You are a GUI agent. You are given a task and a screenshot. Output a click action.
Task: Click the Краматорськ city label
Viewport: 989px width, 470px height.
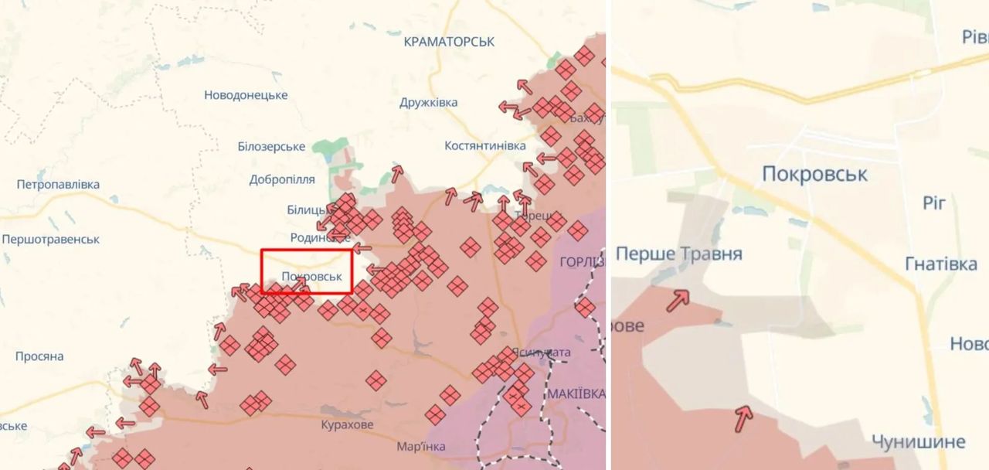coord(449,42)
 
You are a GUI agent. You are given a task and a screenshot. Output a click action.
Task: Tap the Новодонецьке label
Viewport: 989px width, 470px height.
coord(246,95)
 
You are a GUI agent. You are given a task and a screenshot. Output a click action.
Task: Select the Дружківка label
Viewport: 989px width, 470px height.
coord(429,102)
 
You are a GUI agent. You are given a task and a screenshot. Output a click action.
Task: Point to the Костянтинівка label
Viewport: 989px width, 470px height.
coord(485,145)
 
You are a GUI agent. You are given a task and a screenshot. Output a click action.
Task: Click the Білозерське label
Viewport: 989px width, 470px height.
coord(271,146)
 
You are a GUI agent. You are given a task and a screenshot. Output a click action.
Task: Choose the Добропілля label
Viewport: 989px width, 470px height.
coord(282,179)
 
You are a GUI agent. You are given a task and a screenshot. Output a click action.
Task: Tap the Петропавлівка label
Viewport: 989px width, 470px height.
coord(58,185)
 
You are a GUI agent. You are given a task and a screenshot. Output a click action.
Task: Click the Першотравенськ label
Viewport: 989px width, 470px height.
coord(51,240)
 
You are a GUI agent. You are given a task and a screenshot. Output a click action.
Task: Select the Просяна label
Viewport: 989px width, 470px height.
coord(39,356)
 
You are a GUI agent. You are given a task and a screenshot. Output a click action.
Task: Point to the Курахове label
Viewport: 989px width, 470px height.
coord(347,424)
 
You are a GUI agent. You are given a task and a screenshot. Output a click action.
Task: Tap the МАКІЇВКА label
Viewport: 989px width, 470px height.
coord(576,393)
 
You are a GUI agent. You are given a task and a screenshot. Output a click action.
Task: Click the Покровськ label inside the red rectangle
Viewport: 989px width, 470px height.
coord(312,276)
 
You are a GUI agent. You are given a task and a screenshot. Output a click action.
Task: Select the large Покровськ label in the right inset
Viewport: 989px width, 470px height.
coord(814,174)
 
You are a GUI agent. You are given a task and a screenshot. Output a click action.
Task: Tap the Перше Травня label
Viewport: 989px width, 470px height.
coord(679,254)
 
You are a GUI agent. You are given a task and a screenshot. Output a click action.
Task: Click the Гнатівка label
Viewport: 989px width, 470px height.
coord(940,264)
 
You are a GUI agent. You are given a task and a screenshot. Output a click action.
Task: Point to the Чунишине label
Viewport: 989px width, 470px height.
coord(918,442)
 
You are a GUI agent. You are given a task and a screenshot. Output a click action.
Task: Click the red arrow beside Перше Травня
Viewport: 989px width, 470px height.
coord(678,300)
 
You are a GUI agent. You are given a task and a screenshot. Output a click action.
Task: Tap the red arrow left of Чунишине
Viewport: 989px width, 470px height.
coord(743,418)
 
